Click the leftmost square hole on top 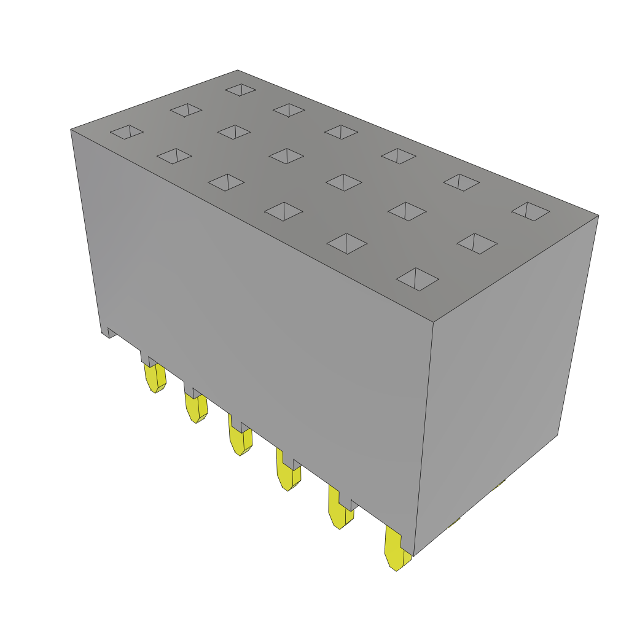127,132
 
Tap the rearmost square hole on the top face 240,90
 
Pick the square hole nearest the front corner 418,279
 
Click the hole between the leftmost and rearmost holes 186,111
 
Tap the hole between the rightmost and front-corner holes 477,243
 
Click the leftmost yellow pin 154,378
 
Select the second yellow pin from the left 195,408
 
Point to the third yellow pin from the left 239,440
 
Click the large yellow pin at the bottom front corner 396,550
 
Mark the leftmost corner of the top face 71,130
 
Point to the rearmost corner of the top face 238,70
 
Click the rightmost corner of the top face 598,215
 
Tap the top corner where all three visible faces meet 434,322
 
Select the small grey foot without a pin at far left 109,332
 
